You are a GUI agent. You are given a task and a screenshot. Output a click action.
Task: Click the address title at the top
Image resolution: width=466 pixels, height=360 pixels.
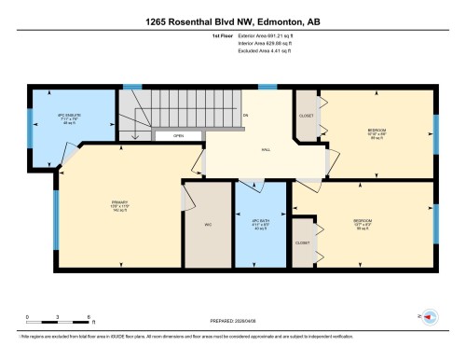point(232,20)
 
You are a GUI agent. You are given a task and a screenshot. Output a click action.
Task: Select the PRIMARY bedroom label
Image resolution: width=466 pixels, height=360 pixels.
point(116,208)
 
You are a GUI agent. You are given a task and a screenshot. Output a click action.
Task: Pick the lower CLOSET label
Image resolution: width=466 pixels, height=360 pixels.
point(302,242)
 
